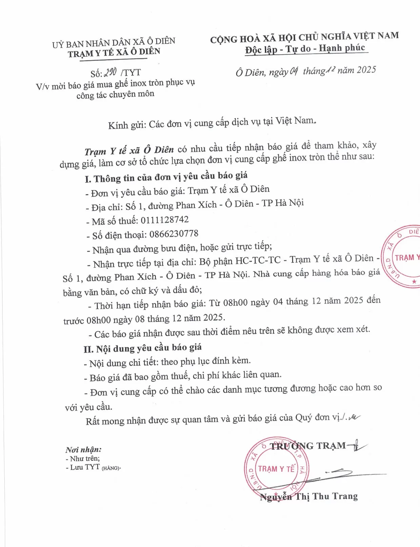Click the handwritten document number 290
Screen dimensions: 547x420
tap(111, 72)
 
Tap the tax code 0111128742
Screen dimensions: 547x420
tap(164, 220)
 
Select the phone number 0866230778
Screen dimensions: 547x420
tap(174, 234)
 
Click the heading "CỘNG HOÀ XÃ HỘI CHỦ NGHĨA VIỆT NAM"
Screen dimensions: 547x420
tap(304, 37)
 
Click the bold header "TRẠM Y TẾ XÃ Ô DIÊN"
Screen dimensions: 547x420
tap(114, 52)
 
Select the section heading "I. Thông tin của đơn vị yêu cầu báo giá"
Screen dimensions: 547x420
tap(166, 177)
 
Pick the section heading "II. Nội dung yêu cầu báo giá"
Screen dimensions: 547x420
tap(143, 348)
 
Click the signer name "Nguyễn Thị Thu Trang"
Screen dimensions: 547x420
tap(308, 497)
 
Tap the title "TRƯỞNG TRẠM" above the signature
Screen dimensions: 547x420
tap(307, 446)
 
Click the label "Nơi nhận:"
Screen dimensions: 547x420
tap(83, 450)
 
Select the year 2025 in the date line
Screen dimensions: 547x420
tap(366, 70)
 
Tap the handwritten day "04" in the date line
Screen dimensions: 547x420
tap(294, 71)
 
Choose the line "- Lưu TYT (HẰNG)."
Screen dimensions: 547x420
tap(93, 467)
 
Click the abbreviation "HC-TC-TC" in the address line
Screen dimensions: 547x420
tap(258, 260)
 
